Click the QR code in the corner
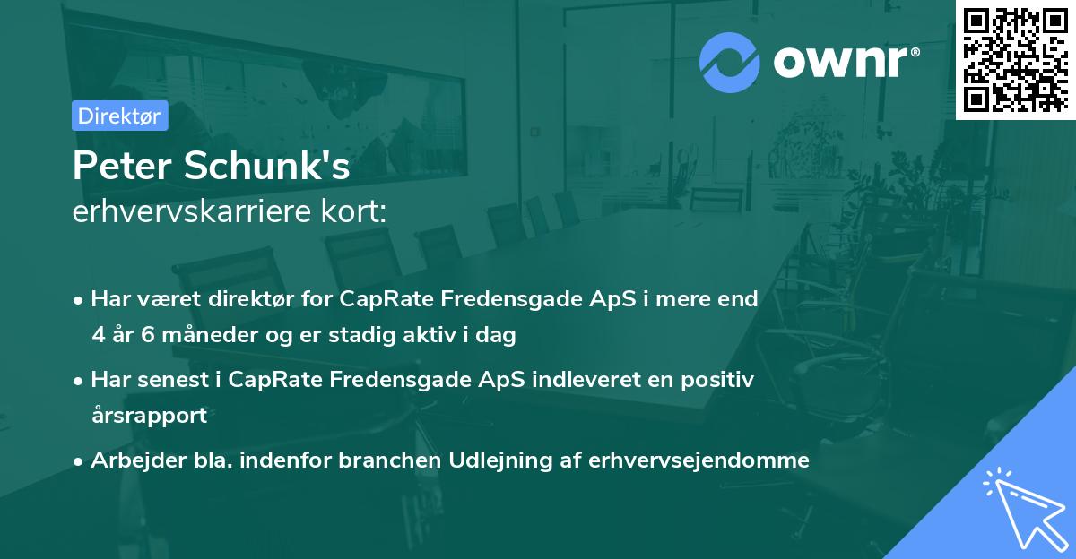tap(1016, 59)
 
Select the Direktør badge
tap(119, 116)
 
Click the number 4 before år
tap(97, 336)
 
